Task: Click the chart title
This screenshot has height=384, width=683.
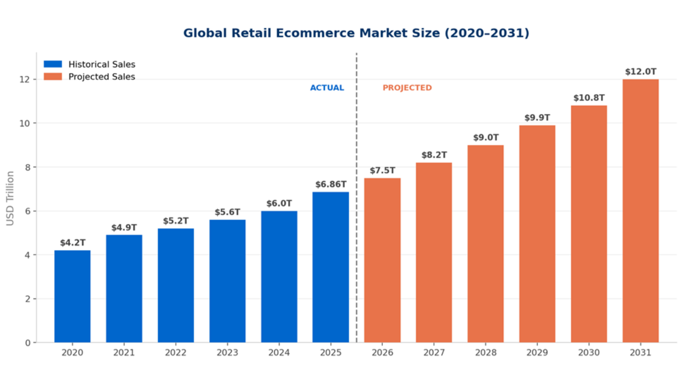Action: coord(356,33)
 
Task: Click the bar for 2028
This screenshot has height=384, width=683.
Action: coord(485,244)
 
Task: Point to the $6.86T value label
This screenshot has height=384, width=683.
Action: coord(331,184)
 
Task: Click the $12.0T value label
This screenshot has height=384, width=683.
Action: coord(640,72)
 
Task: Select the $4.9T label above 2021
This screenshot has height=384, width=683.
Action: coord(124,228)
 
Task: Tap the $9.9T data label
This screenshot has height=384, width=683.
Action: coord(537,118)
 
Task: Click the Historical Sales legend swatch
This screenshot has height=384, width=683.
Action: coord(53,64)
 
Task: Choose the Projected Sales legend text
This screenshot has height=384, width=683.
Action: coord(102,77)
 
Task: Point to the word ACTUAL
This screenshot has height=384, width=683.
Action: coord(327,88)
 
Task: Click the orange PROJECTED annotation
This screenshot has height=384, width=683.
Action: coord(407,88)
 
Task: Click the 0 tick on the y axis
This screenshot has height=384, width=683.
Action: coord(27,343)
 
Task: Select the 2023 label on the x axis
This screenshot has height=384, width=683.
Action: coord(227,353)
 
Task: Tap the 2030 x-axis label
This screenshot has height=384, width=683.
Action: coord(589,353)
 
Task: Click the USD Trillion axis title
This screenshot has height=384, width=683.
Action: coord(10,198)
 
